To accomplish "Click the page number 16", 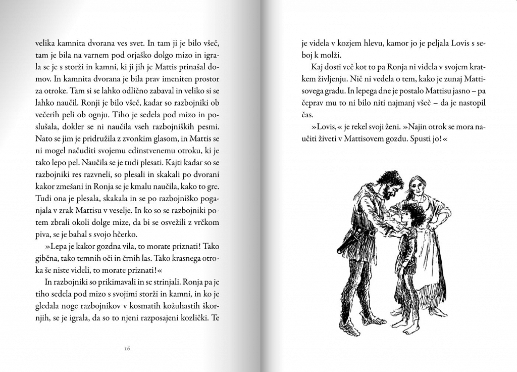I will [127, 348].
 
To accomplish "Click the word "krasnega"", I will [175, 259].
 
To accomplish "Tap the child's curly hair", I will [413, 212].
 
